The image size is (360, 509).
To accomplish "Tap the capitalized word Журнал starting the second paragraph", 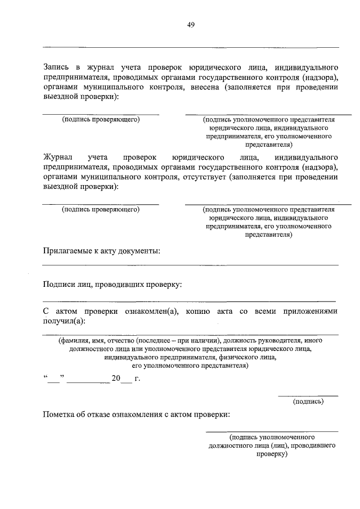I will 59,156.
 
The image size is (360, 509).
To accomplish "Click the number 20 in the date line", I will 116,379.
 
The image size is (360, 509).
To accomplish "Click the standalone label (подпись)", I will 308,402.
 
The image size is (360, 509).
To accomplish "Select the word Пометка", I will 61,415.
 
